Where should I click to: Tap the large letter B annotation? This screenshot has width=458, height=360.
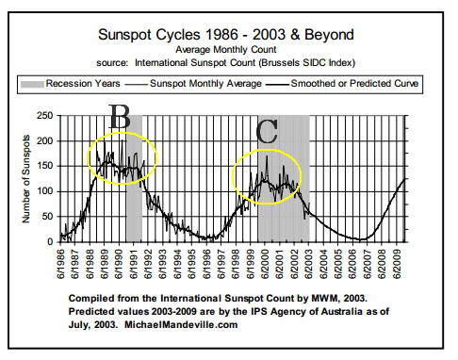pos(120,118)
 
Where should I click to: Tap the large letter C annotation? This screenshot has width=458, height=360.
pos(268,132)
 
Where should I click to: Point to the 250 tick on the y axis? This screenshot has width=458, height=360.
pos(44,116)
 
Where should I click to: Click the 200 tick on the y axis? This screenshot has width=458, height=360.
pos(44,141)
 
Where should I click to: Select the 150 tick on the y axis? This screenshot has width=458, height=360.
pos(44,167)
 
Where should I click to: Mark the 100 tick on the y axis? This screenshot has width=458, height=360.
pos(44,191)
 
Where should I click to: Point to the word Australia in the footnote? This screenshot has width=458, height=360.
pos(335,309)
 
